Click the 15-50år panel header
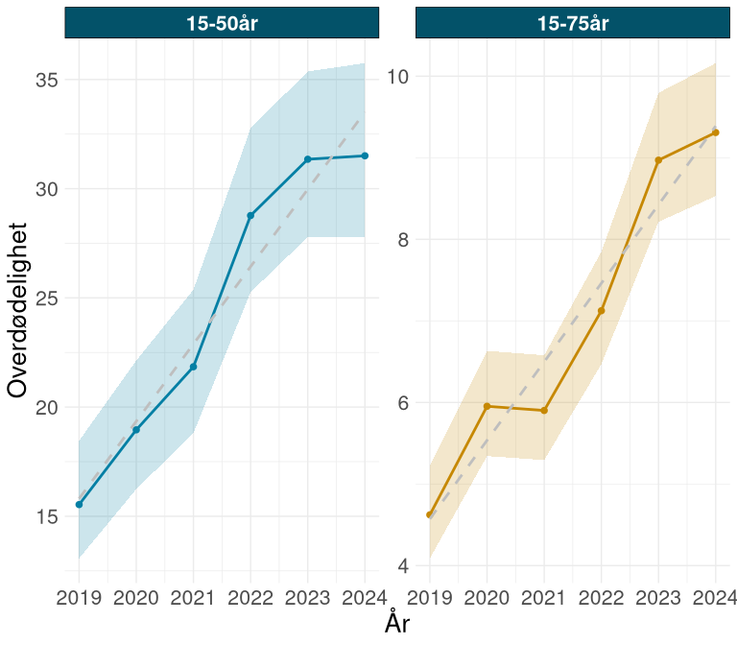tap(222, 23)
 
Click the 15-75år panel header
tap(572, 23)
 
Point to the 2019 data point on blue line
tap(79, 504)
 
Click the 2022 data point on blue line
tap(250, 215)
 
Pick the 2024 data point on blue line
tap(365, 155)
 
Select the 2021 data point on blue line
tap(194, 367)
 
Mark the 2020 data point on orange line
tap(487, 406)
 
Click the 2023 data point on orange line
tap(658, 160)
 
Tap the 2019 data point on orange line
tap(430, 514)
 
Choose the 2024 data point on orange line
tap(716, 132)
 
